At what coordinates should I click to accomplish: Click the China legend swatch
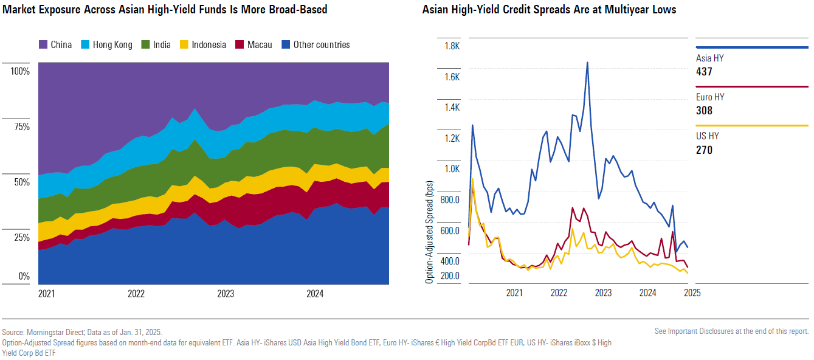click(x=44, y=45)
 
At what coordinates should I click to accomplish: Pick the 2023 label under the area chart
click(x=226, y=294)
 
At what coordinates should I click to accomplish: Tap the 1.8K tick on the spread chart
click(x=452, y=46)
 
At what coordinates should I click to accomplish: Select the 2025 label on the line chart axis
click(x=692, y=292)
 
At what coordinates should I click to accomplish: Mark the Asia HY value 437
click(x=704, y=72)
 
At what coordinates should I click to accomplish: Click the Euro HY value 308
click(x=704, y=111)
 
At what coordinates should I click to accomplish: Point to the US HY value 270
click(x=704, y=150)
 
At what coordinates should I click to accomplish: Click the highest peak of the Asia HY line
click(x=587, y=62)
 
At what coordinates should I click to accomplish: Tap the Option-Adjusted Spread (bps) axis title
click(x=430, y=232)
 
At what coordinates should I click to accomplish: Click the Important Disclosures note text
click(x=731, y=331)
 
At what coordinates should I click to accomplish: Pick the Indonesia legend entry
click(x=209, y=45)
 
